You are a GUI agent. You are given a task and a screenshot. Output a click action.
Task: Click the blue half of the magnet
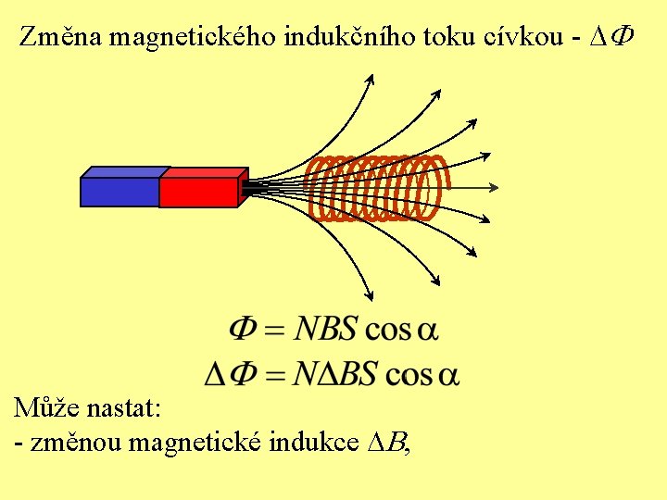pyautogui.click(x=120, y=191)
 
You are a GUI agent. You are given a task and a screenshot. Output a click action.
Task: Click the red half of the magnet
pyautogui.click(x=198, y=191)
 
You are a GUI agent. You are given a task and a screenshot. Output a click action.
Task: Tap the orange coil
pyautogui.click(x=375, y=188)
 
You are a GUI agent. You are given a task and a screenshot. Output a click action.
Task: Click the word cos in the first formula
pyautogui.click(x=389, y=330)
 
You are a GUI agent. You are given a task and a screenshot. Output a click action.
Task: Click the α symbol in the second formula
pyautogui.click(x=448, y=375)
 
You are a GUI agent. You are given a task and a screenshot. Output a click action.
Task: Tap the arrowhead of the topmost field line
pyautogui.click(x=369, y=78)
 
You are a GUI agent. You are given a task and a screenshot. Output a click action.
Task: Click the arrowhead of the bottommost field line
pyautogui.click(x=368, y=295)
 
